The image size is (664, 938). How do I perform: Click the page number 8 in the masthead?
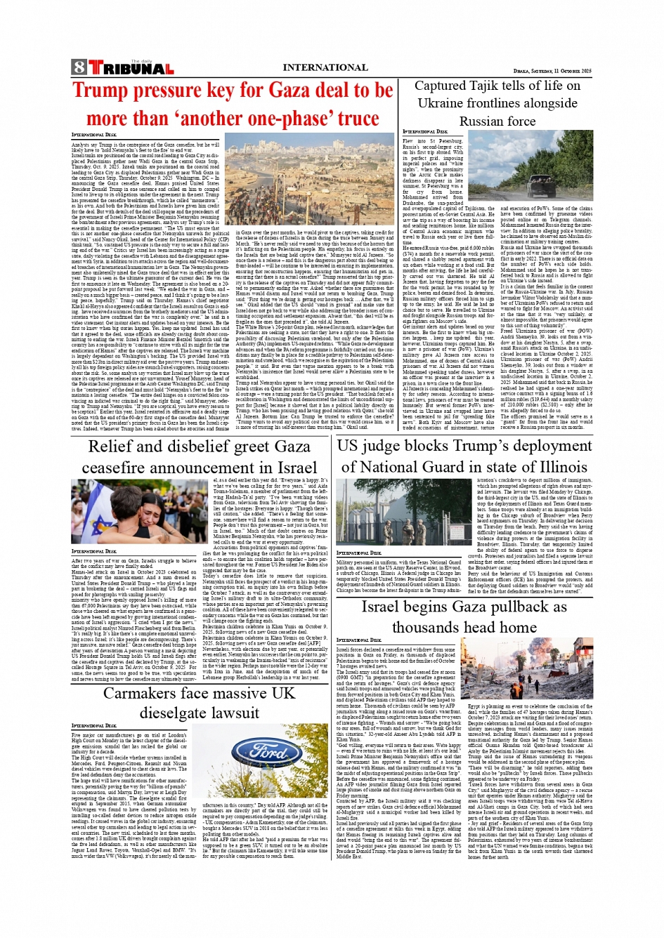(78, 67)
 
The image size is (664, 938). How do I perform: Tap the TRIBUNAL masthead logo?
(131, 68)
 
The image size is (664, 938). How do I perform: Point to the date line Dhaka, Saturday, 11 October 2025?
(552, 71)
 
